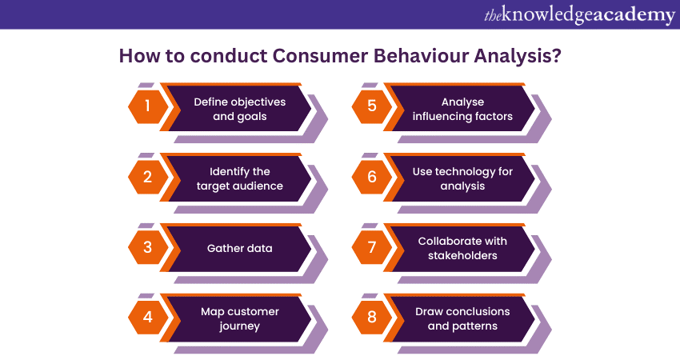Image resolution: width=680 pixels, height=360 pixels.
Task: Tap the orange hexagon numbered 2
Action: coord(147,178)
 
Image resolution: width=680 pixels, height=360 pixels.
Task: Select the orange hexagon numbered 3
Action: coord(147,247)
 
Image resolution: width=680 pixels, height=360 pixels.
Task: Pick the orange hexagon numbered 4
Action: coord(147,316)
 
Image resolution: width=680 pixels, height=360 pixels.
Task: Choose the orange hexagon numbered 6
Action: coord(372,178)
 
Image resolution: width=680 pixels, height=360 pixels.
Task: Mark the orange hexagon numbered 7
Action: coord(372,247)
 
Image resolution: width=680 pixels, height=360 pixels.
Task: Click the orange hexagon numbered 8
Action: coord(372,316)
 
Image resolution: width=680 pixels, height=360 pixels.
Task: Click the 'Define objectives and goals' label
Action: coord(239,109)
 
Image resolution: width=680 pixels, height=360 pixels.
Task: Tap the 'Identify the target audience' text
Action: coord(239,178)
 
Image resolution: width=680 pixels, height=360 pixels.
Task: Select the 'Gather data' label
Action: coord(239,248)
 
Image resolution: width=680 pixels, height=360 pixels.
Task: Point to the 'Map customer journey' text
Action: coord(239,317)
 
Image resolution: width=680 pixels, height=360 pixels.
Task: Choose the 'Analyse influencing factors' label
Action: coord(463,109)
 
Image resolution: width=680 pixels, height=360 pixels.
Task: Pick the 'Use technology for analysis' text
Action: coord(463,178)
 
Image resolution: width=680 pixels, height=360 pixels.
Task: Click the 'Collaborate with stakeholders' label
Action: coord(463,248)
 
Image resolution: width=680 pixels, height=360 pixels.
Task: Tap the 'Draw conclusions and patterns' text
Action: coord(463,317)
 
